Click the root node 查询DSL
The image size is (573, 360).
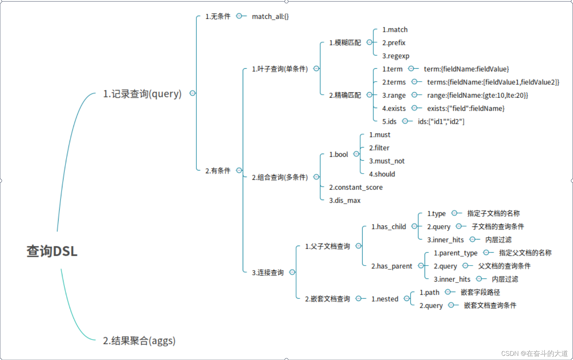52,251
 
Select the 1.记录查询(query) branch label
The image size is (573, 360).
142,94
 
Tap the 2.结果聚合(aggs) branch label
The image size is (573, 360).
139,340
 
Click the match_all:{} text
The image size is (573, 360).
270,16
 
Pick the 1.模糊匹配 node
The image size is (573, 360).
345,43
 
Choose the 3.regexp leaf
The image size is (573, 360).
395,56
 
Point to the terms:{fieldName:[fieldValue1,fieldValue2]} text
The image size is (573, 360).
493,82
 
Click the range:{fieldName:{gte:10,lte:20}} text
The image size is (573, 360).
477,95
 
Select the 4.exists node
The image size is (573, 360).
394,108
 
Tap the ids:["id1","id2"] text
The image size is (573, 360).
441,122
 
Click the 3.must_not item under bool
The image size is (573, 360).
387,161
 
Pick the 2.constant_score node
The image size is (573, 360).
356,187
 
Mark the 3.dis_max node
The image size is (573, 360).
344,200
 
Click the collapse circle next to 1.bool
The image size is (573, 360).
356,154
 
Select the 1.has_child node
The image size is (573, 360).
388,227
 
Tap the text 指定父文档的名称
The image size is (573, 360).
525,253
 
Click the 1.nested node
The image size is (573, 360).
385,299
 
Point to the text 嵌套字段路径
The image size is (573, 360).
480,292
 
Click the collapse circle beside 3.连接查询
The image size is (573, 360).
292,272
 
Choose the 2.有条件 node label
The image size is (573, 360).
218,170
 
